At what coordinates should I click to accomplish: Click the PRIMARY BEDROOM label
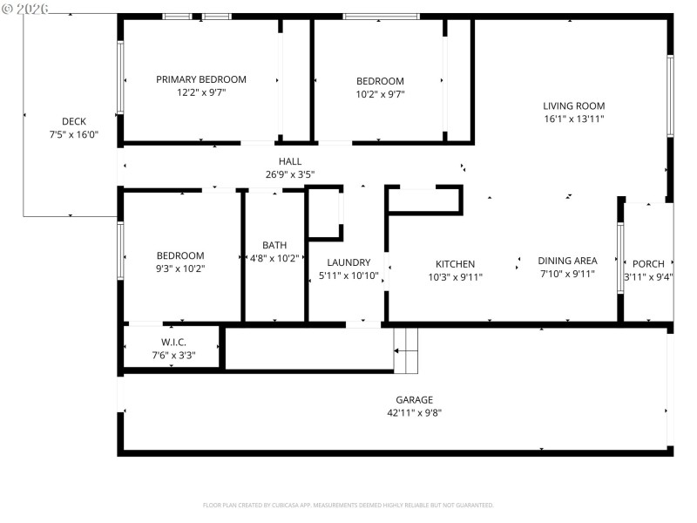pyautogui.click(x=201, y=79)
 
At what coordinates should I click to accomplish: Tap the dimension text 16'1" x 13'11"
pyautogui.click(x=573, y=119)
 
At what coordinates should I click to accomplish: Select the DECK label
pyautogui.click(x=74, y=121)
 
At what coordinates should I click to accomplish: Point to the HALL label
pyautogui.click(x=290, y=161)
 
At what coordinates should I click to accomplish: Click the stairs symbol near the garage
pyautogui.click(x=406, y=350)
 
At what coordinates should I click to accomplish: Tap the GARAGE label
pyautogui.click(x=414, y=400)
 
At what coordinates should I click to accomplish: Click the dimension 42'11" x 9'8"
pyautogui.click(x=414, y=413)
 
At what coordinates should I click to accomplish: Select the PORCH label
pyautogui.click(x=648, y=264)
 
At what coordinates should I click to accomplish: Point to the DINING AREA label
pyautogui.click(x=567, y=261)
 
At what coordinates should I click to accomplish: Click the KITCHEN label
pyautogui.click(x=455, y=264)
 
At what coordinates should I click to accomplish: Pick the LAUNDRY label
pyautogui.click(x=348, y=262)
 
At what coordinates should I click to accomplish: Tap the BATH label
pyautogui.click(x=274, y=246)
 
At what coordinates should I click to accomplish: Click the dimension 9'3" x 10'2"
pyautogui.click(x=180, y=268)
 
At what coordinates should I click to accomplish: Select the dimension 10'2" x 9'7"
pyautogui.click(x=380, y=94)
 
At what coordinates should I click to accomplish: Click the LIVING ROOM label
pyautogui.click(x=573, y=105)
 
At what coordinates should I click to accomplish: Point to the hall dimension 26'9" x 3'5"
pyautogui.click(x=290, y=174)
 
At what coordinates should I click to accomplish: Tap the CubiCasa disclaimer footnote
pyautogui.click(x=348, y=505)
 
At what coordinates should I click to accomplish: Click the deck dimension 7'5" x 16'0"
pyautogui.click(x=74, y=135)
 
